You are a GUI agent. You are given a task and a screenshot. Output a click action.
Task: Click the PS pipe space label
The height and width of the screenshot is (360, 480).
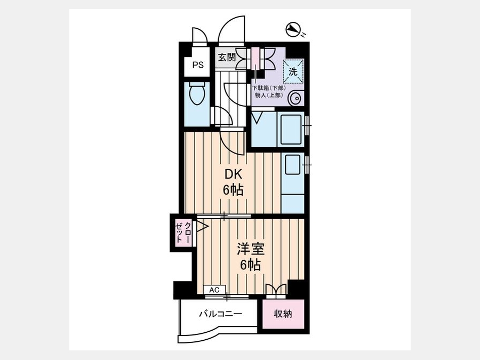[x=198, y=65]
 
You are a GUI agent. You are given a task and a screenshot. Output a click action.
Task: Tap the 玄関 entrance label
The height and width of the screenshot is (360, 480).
[x=227, y=57]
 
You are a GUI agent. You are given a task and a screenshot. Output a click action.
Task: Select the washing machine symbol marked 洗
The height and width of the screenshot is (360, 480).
[x=293, y=71]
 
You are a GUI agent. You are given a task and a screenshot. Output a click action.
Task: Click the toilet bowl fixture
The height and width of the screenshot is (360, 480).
[x=197, y=93]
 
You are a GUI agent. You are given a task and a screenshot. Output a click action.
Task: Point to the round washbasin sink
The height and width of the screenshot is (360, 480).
[x=295, y=99]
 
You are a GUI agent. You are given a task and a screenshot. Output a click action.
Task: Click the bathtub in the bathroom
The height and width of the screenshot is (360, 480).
[x=290, y=129]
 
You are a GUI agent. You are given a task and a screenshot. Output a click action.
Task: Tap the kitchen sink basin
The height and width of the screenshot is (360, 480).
[x=293, y=164]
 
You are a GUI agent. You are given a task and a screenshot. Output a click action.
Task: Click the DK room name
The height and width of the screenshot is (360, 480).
[x=233, y=174]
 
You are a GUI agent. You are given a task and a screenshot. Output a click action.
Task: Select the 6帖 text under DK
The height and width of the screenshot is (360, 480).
[x=233, y=190]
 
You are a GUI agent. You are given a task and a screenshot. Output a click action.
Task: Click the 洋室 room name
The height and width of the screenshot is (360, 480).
[x=251, y=250]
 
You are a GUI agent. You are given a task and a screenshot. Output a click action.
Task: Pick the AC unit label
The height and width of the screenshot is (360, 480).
[x=214, y=290]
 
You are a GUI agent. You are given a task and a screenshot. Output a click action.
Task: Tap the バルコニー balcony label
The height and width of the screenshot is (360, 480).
[x=221, y=314]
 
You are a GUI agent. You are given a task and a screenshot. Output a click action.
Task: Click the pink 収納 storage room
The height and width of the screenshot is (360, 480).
[x=283, y=314]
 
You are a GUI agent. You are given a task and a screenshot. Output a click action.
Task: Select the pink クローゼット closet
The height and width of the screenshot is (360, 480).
[x=183, y=233]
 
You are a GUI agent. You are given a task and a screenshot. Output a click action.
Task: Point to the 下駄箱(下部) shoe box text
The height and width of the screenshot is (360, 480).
[x=269, y=88]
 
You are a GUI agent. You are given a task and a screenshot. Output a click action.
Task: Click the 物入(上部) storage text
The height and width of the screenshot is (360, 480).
[x=269, y=95]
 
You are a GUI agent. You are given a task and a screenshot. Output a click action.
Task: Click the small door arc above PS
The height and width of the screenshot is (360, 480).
[x=199, y=36]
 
